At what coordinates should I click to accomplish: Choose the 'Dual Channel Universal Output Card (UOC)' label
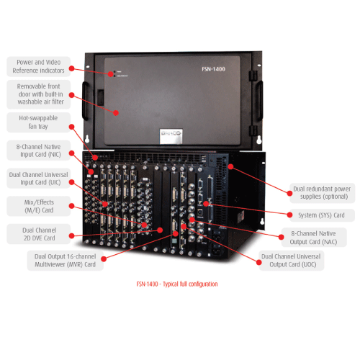[x=292, y=260]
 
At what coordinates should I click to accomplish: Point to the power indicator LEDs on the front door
[x=109, y=73]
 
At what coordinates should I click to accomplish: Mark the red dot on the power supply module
[x=230, y=166]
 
